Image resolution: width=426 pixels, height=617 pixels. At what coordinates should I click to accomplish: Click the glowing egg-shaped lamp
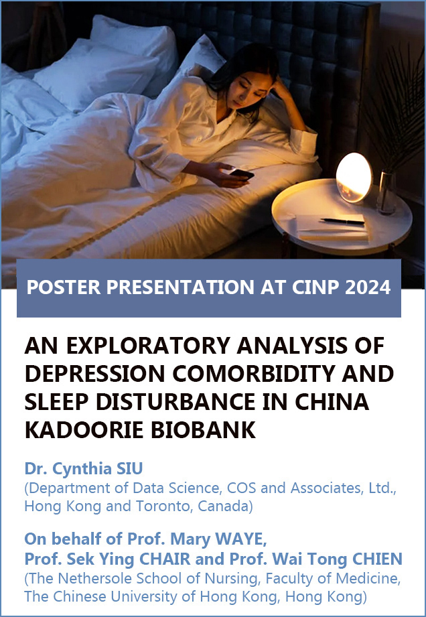click(354, 178)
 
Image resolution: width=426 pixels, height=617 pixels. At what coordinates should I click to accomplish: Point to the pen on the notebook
click(342, 222)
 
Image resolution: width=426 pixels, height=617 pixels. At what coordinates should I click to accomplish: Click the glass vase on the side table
click(386, 192)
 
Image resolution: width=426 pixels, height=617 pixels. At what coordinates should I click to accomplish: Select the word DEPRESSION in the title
click(94, 374)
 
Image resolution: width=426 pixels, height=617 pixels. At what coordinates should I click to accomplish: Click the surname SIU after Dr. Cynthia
click(129, 469)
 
